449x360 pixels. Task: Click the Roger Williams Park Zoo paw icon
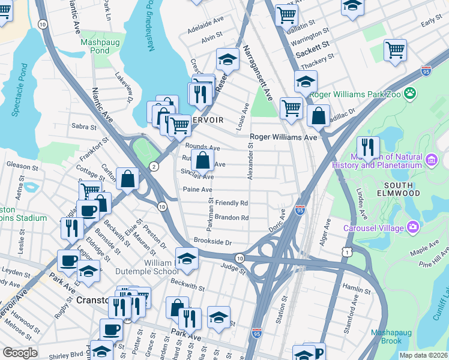tap(411, 93)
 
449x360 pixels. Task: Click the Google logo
tap(20, 353)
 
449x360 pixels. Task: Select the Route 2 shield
tap(154, 167)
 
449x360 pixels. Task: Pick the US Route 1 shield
tap(347, 253)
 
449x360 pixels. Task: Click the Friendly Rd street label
tap(232, 203)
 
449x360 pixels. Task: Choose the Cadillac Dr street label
tap(343, 114)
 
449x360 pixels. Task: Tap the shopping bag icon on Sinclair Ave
tap(203, 160)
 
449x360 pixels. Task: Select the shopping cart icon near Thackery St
tap(395, 51)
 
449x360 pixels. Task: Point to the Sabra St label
tap(84, 127)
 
